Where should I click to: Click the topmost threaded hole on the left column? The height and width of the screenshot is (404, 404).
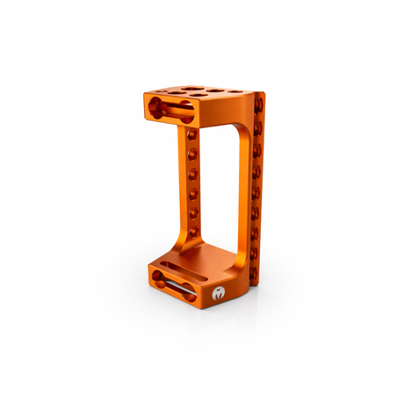pos(191,134)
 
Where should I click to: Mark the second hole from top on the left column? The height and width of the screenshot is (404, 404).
pos(191,154)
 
